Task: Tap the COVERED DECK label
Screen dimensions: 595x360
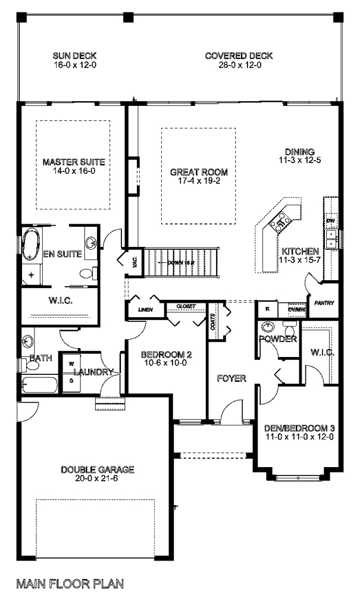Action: [x=239, y=56]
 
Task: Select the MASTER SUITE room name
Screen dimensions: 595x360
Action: [x=74, y=161]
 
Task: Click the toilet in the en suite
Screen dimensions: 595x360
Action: [x=87, y=273]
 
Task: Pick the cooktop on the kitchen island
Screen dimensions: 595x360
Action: [x=278, y=223]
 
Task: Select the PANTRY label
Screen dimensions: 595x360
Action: [x=324, y=303]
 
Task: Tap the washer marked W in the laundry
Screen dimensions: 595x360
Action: [x=70, y=363]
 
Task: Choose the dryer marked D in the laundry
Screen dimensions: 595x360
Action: [x=70, y=381]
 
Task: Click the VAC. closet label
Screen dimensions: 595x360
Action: [x=134, y=262]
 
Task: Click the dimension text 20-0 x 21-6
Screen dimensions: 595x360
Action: [x=98, y=478]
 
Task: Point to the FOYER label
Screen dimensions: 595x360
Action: [x=231, y=378]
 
